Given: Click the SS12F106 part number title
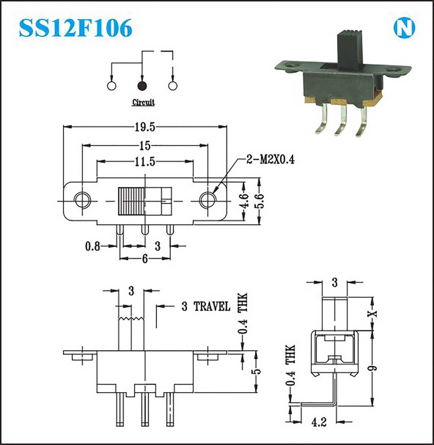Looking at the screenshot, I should pos(75,28).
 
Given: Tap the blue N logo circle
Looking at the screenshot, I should pos(404,28).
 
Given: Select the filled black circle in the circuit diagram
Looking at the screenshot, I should pos(142,86).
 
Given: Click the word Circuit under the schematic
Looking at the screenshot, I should pos(143,102).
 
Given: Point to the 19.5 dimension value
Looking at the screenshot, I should pos(145,127).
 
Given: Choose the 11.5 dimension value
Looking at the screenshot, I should pos(145,162).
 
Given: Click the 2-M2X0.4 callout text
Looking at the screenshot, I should pos(270,160).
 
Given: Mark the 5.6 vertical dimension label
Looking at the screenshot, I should pos(259,201).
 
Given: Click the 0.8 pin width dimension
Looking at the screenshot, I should pos(92,246).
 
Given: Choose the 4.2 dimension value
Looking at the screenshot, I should pos(319,422).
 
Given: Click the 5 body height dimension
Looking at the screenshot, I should pos(257,371).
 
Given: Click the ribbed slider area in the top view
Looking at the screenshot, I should pos(131,201).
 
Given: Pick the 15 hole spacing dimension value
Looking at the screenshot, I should pos(145,145).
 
